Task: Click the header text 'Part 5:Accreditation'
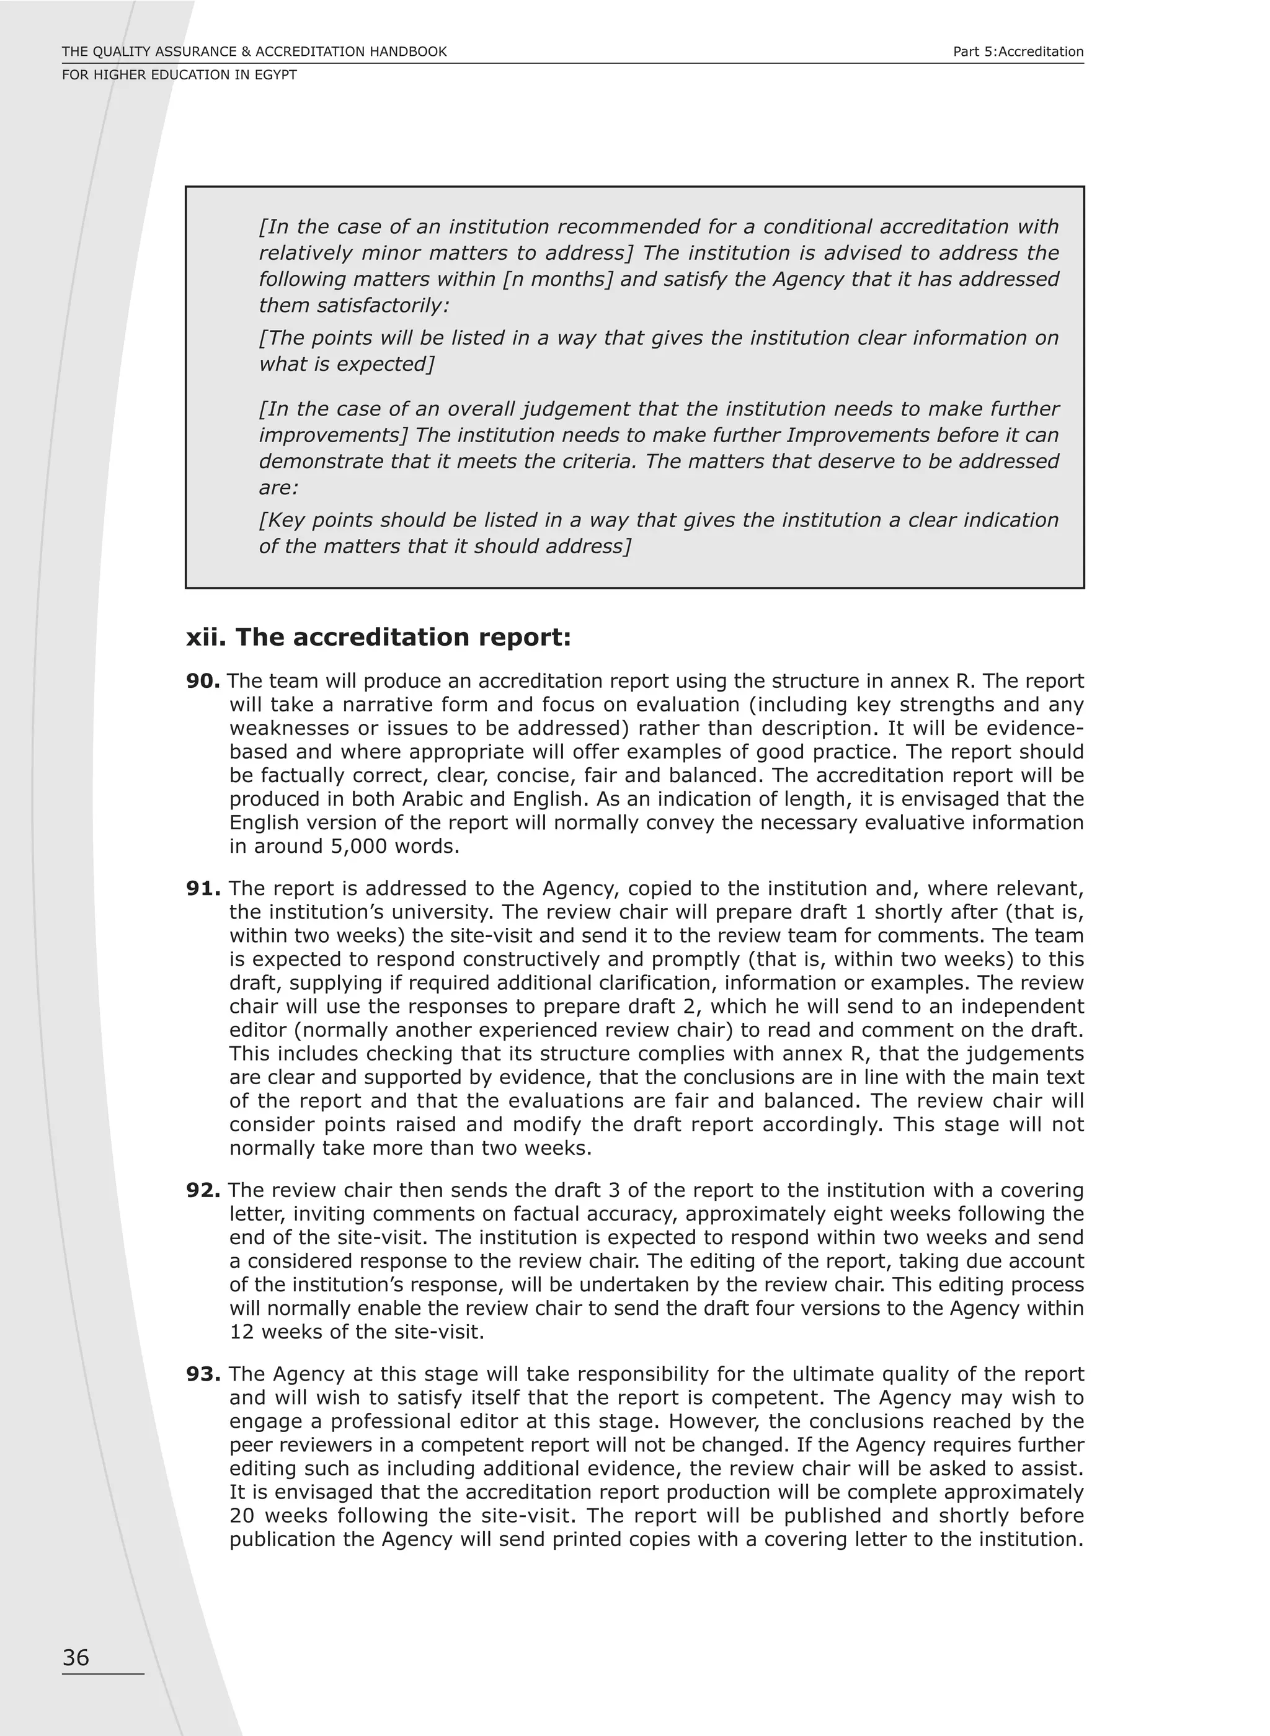(1018, 51)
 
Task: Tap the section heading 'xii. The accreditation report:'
(378, 638)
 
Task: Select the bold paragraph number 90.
(203, 681)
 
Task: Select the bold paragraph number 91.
(203, 889)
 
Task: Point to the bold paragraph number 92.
(203, 1191)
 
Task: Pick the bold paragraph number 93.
(203, 1374)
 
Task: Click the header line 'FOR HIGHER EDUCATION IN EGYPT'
(179, 74)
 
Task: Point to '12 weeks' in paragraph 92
(275, 1332)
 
